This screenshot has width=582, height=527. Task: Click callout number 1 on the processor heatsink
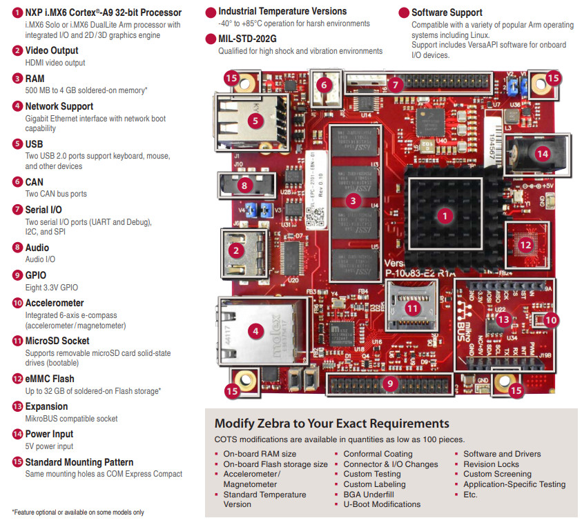point(445,215)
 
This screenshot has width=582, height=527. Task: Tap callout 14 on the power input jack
point(542,154)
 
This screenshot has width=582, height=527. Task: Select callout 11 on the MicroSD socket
point(413,308)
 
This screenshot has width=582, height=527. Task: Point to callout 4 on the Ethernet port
point(255,330)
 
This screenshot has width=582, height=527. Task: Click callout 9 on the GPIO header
point(389,383)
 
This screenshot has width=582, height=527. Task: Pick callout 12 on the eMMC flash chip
point(526,243)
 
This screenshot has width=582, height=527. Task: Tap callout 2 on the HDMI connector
point(236,251)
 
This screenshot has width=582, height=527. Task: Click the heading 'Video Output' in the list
point(52,50)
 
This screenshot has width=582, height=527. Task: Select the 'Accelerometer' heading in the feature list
point(55,303)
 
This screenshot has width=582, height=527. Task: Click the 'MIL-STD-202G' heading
point(247,39)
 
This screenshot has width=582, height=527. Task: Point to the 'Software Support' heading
point(447,12)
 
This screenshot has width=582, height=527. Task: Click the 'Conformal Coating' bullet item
point(378,454)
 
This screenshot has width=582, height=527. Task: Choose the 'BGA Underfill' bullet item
point(369,495)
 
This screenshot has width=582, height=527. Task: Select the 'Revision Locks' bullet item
point(491,464)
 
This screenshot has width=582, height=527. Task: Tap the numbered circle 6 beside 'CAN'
point(17,182)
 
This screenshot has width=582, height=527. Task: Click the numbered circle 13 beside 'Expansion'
point(17,406)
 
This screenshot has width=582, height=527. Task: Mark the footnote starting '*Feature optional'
point(78,512)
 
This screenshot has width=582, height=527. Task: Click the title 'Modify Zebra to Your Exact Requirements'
point(331,424)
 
